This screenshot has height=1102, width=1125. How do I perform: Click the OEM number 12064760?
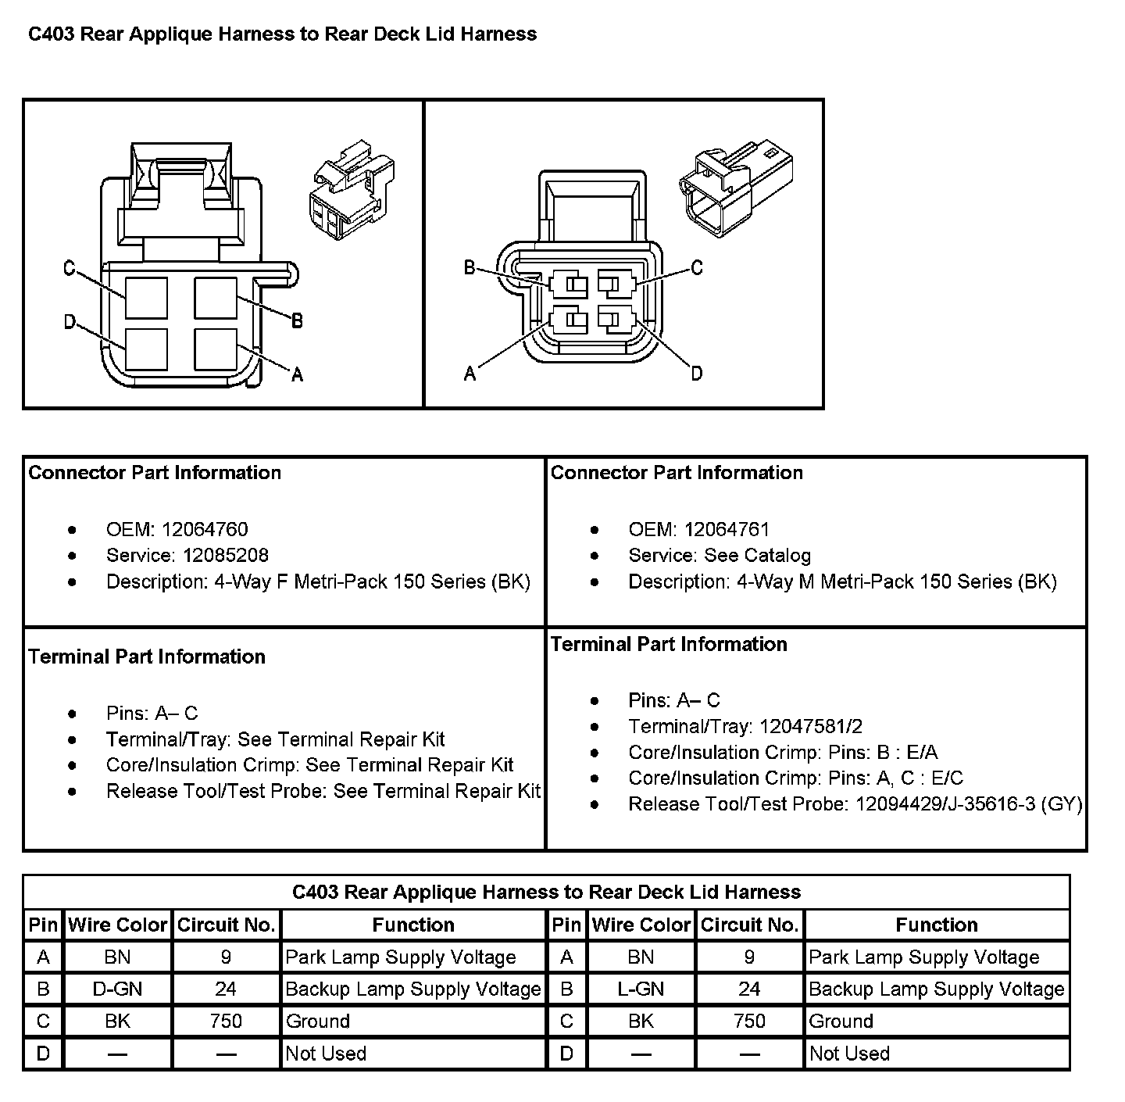pyautogui.click(x=205, y=530)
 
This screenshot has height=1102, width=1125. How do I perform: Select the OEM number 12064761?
pyautogui.click(x=727, y=530)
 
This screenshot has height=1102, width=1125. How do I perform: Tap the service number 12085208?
pyautogui.click(x=226, y=556)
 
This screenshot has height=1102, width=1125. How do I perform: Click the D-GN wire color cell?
pyautogui.click(x=117, y=989)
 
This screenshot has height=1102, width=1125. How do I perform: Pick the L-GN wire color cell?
pyautogui.click(x=641, y=989)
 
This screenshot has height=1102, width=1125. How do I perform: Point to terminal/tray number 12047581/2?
pyautogui.click(x=811, y=727)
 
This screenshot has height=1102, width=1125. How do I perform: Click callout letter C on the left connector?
pyautogui.click(x=70, y=269)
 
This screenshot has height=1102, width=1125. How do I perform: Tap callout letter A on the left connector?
pyautogui.click(x=297, y=375)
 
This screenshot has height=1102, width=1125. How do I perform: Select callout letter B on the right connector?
pyautogui.click(x=470, y=268)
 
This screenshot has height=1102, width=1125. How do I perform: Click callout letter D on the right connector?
pyautogui.click(x=697, y=374)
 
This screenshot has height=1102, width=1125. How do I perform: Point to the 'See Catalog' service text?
pyautogui.click(x=758, y=556)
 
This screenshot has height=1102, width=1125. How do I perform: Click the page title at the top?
pyautogui.click(x=282, y=34)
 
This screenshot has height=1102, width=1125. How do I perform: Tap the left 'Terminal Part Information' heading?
pyautogui.click(x=147, y=657)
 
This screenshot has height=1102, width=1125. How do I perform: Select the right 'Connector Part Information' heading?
pyautogui.click(x=677, y=473)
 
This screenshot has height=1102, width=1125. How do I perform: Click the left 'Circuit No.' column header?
pyautogui.click(x=227, y=925)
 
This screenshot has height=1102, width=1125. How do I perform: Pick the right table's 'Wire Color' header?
pyautogui.click(x=641, y=925)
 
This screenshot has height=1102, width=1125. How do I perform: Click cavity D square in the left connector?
pyautogui.click(x=146, y=349)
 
